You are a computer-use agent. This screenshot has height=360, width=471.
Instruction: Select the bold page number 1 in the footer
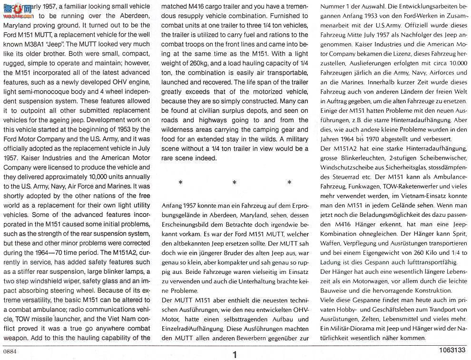click(235, 355)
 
